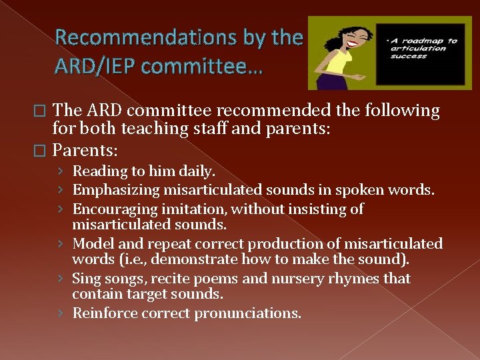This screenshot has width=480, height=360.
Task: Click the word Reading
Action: [x=99, y=171]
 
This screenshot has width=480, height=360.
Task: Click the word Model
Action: [x=91, y=244]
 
